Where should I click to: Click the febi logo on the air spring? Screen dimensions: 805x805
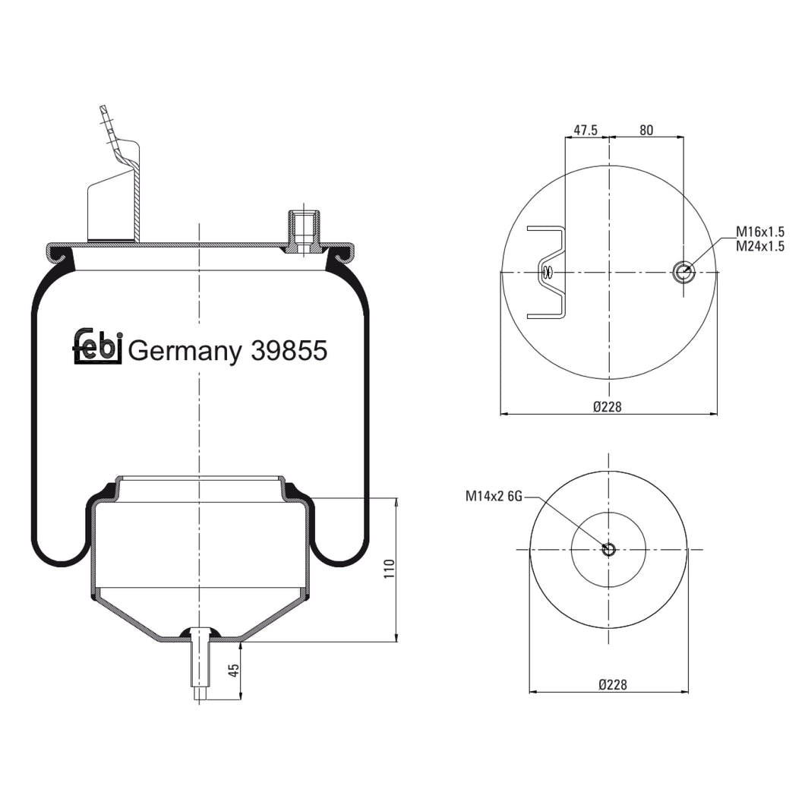[x=97, y=346]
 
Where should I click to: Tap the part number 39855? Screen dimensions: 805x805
[x=289, y=351]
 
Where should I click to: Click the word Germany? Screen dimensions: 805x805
[x=185, y=353]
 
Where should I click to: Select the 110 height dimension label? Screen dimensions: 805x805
[x=389, y=569]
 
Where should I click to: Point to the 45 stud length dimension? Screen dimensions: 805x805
[x=234, y=670]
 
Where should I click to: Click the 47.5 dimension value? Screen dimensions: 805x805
[x=586, y=130]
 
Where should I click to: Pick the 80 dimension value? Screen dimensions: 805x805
[x=646, y=130]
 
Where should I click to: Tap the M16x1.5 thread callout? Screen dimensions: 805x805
[x=760, y=232]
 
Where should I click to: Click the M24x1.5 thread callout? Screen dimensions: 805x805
[x=760, y=246]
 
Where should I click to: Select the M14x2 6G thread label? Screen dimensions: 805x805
[x=494, y=496]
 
